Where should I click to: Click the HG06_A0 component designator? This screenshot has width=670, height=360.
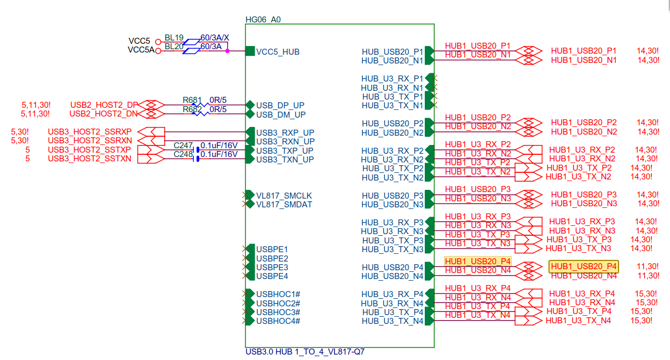coord(263,19)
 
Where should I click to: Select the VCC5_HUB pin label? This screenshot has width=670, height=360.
coord(278,52)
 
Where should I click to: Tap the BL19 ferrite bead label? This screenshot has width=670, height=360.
coord(174,38)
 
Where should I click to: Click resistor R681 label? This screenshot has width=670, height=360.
coord(192,100)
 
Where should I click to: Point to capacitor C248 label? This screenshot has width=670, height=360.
coord(183,154)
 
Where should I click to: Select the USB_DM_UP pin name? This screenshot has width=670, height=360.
coord(281,114)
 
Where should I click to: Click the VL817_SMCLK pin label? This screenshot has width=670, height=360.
coord(284,195)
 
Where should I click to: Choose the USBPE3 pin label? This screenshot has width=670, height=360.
coord(272,267)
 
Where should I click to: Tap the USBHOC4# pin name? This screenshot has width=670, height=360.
coord(278,321)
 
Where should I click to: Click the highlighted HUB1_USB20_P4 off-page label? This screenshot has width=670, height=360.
coord(584,266)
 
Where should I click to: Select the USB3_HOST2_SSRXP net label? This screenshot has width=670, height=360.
coord(90,131)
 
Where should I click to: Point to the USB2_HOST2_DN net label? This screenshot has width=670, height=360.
coord(103,113)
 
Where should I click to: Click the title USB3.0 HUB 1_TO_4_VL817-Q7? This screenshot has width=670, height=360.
coord(305,352)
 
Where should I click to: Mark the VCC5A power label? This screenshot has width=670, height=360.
coord(141,50)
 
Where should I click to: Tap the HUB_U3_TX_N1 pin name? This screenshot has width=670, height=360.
coord(392,105)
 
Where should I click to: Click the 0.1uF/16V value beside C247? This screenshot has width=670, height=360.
coord(219,145)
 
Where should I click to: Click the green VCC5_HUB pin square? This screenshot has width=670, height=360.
coord(250,51)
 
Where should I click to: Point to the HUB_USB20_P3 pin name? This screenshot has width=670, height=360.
coord(392,195)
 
